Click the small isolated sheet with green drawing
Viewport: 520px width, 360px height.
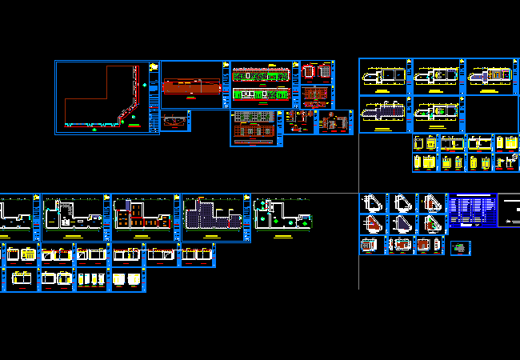(x=459, y=248)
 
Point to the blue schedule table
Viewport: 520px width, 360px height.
(x=472, y=210)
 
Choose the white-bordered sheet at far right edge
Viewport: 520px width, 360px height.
(x=509, y=210)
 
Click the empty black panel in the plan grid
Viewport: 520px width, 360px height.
(x=491, y=114)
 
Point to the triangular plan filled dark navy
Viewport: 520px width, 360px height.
(x=432, y=202)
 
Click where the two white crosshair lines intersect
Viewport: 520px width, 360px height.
(x=358, y=193)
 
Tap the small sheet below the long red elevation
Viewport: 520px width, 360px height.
(x=174, y=121)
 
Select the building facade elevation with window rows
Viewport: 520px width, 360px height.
(x=254, y=128)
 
